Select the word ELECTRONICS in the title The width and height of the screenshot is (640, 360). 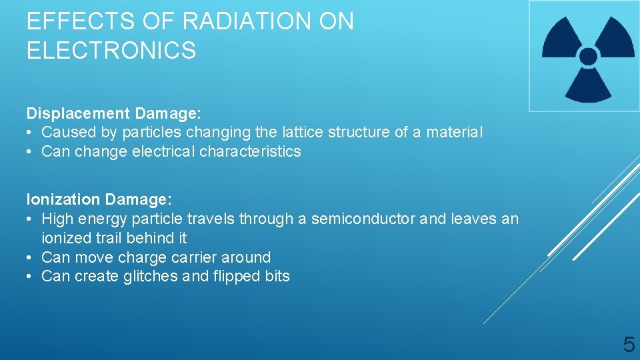(111, 51)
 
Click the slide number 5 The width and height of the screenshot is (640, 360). (628, 345)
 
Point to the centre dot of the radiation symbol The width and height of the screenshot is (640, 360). (588, 56)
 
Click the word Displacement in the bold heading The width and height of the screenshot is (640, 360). (73, 113)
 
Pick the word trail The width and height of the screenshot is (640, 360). (105, 238)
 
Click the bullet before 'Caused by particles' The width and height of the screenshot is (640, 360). (31, 133)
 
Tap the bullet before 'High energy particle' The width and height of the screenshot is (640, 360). (31, 219)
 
